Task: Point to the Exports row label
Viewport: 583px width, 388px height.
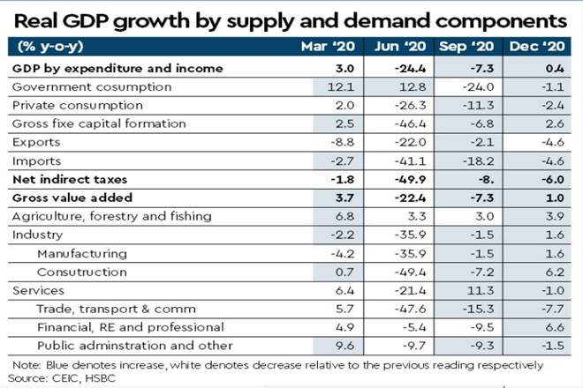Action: click(x=37, y=142)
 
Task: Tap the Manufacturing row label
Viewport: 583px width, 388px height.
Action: click(x=82, y=253)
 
